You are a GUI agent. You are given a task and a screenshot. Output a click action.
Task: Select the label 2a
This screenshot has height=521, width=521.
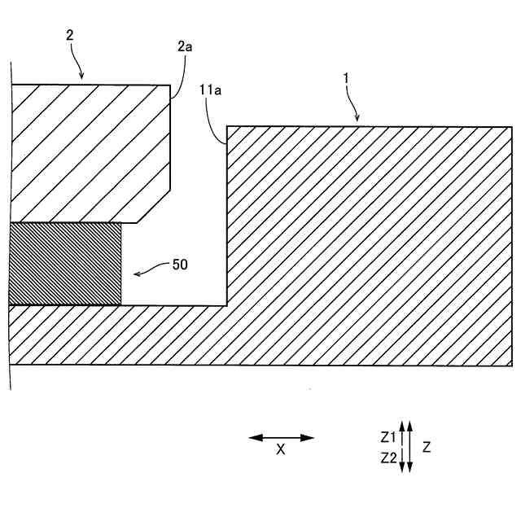coord(185,47)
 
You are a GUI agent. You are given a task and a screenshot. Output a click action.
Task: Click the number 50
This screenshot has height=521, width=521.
coord(180,265)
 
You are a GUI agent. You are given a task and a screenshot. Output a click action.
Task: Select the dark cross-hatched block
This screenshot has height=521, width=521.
coord(64,264)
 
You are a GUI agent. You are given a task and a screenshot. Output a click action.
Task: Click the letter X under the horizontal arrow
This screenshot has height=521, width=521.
coord(281,449)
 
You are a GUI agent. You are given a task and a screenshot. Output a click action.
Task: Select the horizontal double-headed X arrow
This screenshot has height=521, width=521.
coord(281,438)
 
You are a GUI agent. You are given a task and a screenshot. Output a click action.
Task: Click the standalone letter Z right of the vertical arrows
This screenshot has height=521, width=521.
coord(427,447)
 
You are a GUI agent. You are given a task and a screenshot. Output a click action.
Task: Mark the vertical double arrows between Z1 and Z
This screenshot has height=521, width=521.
coord(409,446)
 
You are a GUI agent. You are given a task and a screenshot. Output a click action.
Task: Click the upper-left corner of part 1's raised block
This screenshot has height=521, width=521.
coord(227,126)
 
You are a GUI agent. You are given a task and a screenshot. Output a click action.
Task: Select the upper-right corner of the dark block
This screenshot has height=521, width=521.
coord(120,224)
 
